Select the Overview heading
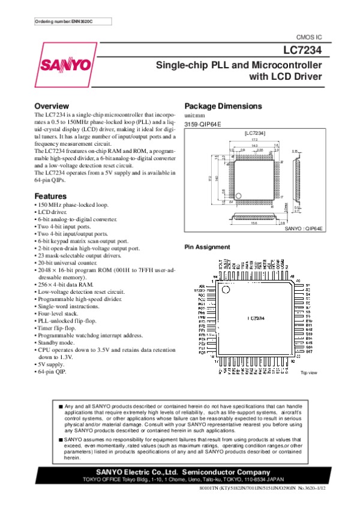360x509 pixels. point(56,106)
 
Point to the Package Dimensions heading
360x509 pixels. point(223,106)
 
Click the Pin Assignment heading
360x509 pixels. point(207,247)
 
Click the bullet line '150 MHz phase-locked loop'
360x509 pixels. point(74,205)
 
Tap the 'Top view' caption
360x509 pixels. point(308,374)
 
